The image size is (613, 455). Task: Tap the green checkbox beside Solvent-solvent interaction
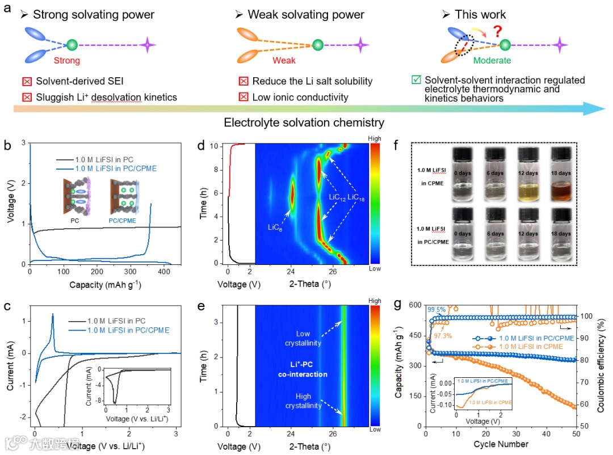[x=415, y=81]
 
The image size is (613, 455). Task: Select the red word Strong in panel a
[x=66, y=61]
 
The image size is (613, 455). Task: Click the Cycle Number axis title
[x=501, y=444]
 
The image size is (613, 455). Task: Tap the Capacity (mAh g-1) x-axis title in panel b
[x=102, y=285]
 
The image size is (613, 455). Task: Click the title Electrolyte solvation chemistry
[x=304, y=123]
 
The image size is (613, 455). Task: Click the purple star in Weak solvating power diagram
[x=361, y=44]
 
